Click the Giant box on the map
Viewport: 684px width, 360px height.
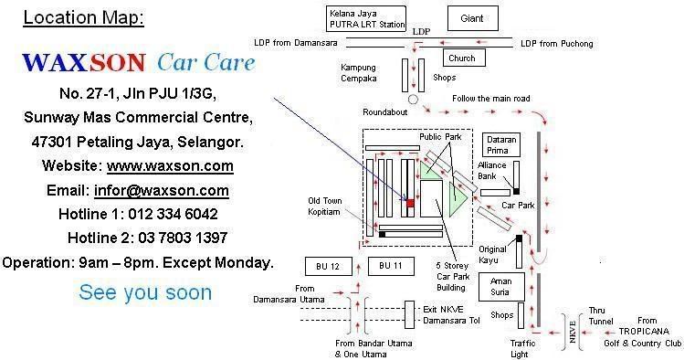tap(472, 18)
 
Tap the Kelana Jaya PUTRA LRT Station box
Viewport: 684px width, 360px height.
tap(366, 18)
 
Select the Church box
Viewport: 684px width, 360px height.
tap(462, 58)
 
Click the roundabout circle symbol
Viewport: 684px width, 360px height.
tap(413, 97)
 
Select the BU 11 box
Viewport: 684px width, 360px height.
tap(390, 265)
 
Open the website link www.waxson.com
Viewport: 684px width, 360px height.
tap(170, 166)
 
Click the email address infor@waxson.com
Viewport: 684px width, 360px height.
tap(161, 190)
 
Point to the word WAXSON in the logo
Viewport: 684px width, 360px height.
tap(83, 63)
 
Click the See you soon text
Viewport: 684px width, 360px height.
tap(145, 292)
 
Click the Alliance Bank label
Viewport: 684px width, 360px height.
tap(492, 172)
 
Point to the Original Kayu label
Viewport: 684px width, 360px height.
tap(492, 254)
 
